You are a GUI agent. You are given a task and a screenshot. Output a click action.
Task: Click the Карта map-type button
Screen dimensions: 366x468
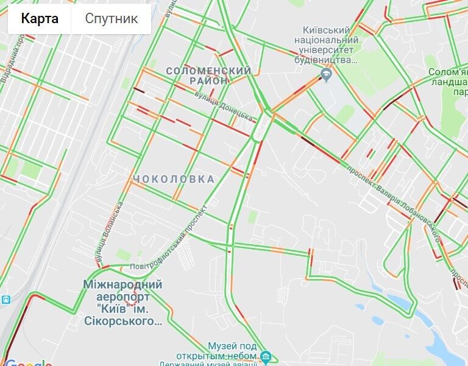click(x=40, y=18)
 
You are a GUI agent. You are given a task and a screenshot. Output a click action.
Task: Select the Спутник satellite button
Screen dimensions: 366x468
click(x=111, y=18)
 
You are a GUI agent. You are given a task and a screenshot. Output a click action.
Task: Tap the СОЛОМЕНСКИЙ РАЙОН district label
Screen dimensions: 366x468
click(x=208, y=76)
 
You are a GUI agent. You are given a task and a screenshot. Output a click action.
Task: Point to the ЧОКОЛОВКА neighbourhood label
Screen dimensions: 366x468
click(x=174, y=179)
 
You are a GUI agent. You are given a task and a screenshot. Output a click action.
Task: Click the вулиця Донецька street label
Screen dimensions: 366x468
click(x=225, y=104)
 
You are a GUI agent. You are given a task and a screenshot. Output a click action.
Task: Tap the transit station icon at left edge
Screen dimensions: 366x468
click(x=5, y=299)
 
